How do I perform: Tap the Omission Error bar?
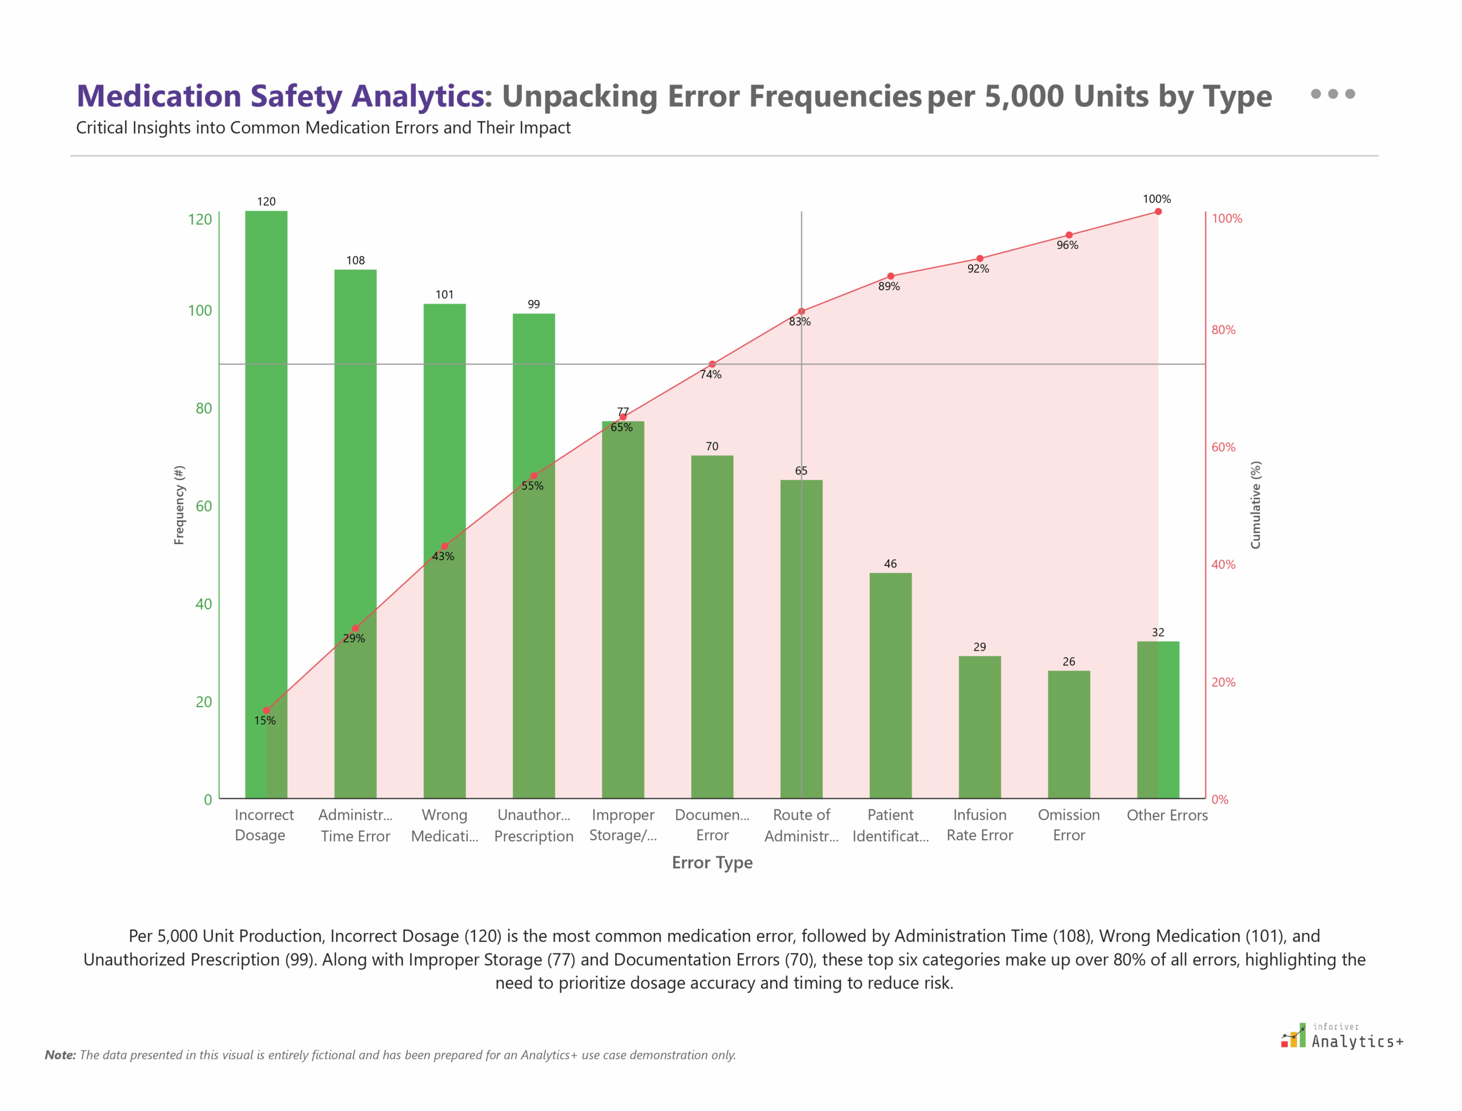point(1069,734)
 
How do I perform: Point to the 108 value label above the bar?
point(355,260)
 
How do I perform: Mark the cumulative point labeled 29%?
point(355,628)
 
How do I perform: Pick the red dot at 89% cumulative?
point(891,276)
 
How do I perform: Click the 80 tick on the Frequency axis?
point(204,408)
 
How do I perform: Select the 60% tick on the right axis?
point(1223,447)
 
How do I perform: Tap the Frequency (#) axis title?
point(179,506)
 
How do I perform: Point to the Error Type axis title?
point(712,863)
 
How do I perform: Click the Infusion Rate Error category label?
point(979,825)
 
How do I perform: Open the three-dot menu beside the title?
point(1332,94)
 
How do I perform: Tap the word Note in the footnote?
point(59,1055)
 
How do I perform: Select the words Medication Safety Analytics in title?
point(281,96)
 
